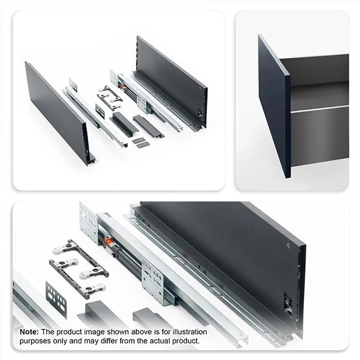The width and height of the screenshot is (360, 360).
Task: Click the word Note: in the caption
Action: pos(29,332)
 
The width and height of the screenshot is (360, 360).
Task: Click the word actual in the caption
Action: pos(160,341)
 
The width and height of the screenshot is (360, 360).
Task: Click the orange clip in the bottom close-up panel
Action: pos(109,240)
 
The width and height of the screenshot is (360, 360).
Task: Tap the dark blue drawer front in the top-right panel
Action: pos(274,106)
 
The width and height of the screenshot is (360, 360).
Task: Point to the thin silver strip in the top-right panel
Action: pos(320,109)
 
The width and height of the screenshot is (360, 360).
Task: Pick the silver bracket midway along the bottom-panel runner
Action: pos(153,282)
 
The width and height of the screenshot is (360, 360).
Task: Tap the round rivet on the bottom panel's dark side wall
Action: pos(289,246)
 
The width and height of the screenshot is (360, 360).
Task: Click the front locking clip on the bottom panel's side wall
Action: pos(287,302)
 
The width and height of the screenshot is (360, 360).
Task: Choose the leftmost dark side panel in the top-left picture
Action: pos(57,112)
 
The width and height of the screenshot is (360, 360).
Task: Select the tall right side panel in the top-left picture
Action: pos(172,81)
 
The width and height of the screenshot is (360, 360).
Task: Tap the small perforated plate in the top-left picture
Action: pos(100,111)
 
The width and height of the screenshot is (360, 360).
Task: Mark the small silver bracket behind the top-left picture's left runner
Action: pos(73,85)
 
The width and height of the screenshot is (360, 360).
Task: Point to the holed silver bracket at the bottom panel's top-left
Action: pos(89,223)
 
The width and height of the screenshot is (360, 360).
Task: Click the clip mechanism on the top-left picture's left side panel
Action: pos(86,152)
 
